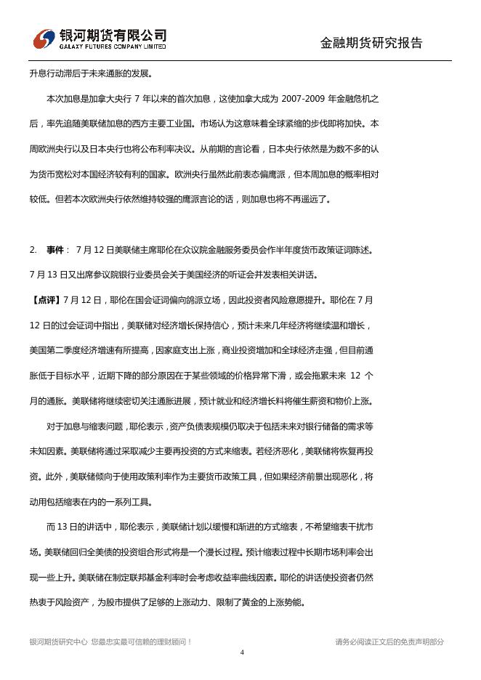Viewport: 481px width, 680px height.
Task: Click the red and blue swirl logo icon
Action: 45,40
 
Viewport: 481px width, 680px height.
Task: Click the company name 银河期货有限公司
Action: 113,35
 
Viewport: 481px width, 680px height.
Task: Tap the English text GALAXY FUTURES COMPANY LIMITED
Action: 113,47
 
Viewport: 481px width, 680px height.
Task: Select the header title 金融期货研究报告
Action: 371,43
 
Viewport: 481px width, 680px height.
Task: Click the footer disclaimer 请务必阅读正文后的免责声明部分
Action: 389,641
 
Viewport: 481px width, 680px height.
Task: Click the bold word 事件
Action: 55,250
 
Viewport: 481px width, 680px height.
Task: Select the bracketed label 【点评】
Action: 46,300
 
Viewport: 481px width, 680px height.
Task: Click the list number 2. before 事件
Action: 33,250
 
